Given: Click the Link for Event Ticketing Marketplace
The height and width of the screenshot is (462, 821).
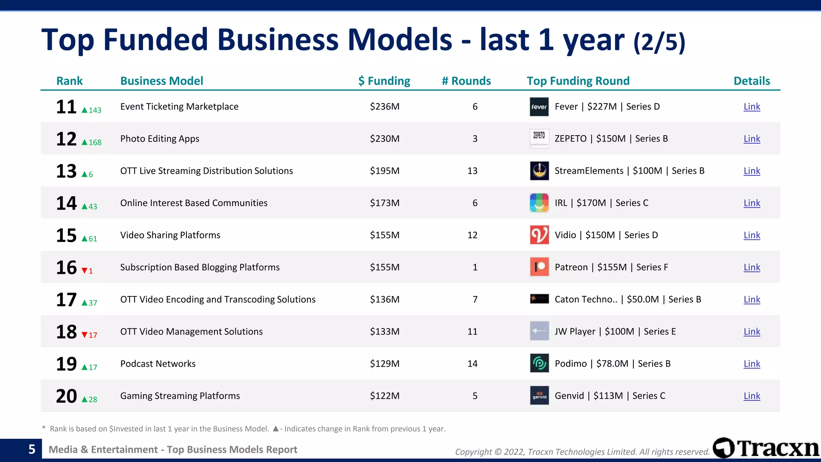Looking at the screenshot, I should pos(752,107).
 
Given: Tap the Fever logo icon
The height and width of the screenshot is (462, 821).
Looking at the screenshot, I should pos(539,107).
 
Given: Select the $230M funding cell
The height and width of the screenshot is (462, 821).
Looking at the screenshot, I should pos(384,139).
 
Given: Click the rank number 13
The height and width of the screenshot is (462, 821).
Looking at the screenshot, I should pos(66,171).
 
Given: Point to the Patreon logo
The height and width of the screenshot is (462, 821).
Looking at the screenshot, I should pos(539,267).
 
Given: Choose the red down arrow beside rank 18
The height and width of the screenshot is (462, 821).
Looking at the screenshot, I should pos(85,335).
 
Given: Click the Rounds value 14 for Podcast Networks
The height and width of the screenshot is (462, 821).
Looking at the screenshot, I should pos(472,364).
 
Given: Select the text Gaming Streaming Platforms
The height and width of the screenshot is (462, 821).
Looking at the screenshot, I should pos(180,396).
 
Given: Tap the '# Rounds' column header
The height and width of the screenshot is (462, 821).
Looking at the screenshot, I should pos(466,81).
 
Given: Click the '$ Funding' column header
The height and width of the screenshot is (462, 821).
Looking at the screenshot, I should pos(384,81).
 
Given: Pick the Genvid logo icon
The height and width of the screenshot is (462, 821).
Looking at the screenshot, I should pos(539,396).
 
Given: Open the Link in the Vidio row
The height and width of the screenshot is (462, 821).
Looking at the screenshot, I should pos(752,235).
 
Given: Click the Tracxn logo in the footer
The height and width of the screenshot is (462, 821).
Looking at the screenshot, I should pos(766,448).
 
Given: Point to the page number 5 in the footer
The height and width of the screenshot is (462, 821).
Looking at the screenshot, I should pos(32,449).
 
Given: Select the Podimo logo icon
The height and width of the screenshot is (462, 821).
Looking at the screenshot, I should pos(539,364).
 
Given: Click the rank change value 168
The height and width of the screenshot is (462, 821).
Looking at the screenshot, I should pos(95,142).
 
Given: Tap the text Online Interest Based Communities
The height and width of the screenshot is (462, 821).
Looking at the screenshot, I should pos(194,203).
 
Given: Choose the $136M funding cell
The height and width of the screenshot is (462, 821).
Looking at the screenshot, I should pos(384,300).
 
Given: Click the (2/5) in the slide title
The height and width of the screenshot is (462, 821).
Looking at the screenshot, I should pos(659,42).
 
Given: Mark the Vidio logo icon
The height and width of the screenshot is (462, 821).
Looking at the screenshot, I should pos(539,235).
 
